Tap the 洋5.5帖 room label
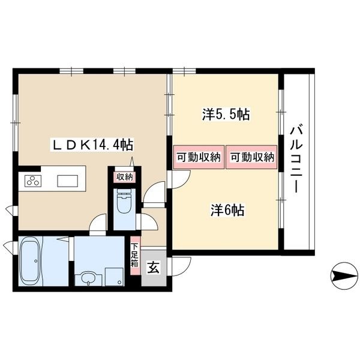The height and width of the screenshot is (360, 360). (226, 115)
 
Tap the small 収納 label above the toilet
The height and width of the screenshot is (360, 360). (124, 176)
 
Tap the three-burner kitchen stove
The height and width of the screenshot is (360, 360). (32, 181)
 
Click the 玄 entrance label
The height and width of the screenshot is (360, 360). (154, 268)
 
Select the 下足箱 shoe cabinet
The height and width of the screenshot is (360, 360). (135, 256)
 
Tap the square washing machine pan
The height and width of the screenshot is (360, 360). (112, 276)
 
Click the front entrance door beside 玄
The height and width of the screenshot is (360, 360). (180, 265)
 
